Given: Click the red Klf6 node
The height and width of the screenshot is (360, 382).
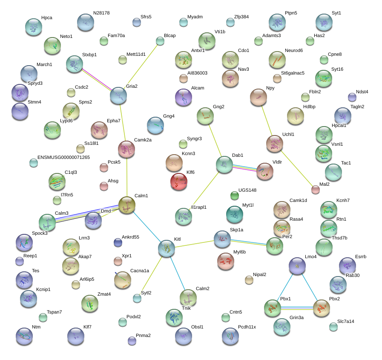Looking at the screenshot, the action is [x=179, y=181].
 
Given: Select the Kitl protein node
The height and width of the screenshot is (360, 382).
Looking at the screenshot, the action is [x=167, y=248].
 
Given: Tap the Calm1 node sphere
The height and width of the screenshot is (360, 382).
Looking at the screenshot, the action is [x=126, y=205].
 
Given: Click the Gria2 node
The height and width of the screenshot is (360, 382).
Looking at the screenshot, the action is [x=118, y=95].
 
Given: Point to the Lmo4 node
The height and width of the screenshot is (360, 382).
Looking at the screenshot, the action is [x=297, y=266].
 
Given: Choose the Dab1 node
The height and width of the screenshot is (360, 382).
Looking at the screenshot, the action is [x=224, y=164].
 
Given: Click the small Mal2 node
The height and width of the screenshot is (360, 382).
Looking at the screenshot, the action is [x=316, y=190].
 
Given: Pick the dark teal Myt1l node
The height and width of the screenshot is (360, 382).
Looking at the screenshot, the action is [x=235, y=214].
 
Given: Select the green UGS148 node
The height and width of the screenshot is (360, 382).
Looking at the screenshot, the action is [x=235, y=196].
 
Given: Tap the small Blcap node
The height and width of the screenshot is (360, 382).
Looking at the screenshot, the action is [x=160, y=41].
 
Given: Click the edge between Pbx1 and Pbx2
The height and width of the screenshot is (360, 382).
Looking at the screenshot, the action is [x=297, y=308].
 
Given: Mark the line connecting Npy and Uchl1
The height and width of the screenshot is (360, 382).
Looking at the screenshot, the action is [x=267, y=121].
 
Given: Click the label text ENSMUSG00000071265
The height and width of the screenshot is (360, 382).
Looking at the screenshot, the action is [x=63, y=157].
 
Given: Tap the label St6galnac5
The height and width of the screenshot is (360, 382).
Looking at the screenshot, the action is [x=293, y=73].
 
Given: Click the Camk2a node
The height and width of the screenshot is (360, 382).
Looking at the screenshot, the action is [x=126, y=149].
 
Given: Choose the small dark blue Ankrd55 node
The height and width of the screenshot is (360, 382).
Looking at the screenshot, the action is [x=118, y=242].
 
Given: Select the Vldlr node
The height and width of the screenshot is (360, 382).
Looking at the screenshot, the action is [x=265, y=171].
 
